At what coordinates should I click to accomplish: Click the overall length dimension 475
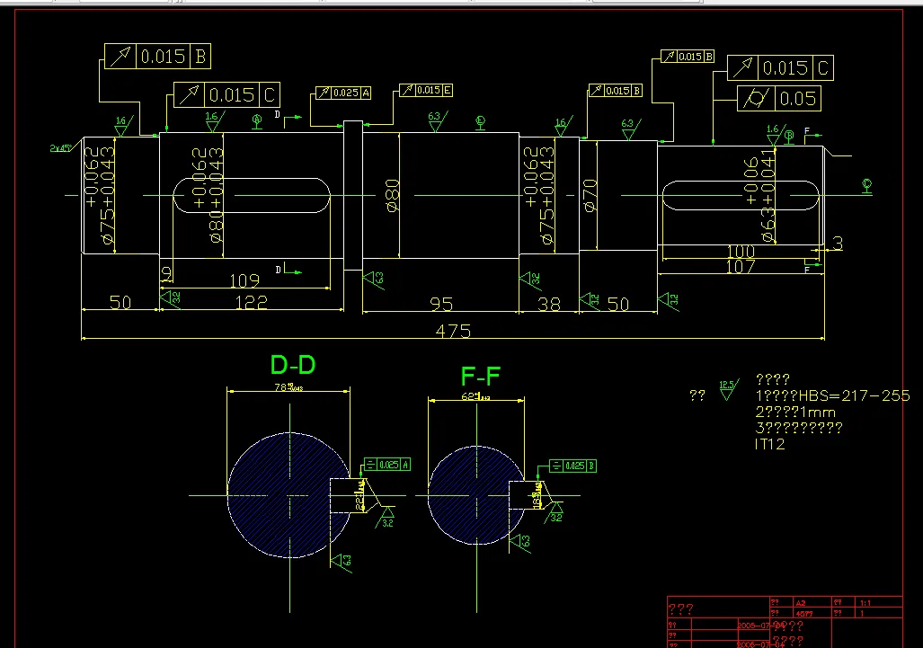pos(453,331)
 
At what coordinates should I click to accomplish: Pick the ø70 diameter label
pos(590,195)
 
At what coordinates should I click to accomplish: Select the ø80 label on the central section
pos(393,195)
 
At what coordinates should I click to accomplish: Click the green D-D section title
pos(293,365)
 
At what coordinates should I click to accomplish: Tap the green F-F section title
pos(480,375)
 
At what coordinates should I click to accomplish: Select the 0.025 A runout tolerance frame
pos(338,93)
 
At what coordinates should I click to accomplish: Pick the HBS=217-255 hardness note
pos(833,395)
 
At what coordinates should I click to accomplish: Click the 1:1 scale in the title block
pos(866,603)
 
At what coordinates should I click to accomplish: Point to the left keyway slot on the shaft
pos(251,195)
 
